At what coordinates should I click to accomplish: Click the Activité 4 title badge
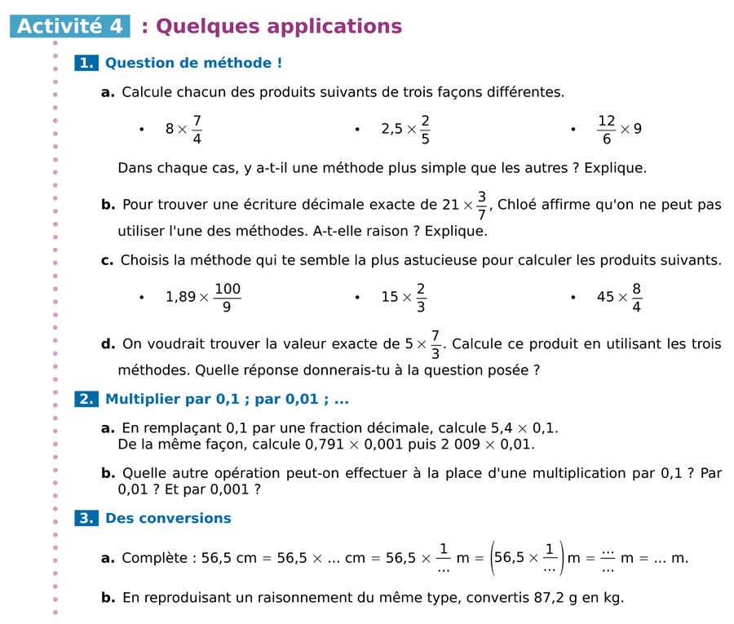(x=70, y=26)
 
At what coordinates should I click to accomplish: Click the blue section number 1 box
(x=86, y=63)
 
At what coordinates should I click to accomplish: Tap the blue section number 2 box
(x=86, y=400)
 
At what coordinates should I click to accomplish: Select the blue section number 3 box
(x=86, y=518)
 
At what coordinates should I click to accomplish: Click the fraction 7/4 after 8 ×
(x=197, y=129)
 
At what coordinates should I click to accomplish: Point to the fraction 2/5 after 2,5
(x=425, y=129)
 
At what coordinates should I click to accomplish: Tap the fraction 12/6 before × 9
(x=606, y=129)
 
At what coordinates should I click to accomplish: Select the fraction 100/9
(x=227, y=297)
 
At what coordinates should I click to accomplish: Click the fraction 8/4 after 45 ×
(x=635, y=297)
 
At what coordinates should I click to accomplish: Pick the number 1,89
(x=180, y=298)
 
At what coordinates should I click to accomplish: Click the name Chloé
(x=517, y=205)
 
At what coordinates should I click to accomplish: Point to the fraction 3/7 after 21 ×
(x=482, y=205)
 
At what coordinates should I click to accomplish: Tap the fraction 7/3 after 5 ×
(x=436, y=343)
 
